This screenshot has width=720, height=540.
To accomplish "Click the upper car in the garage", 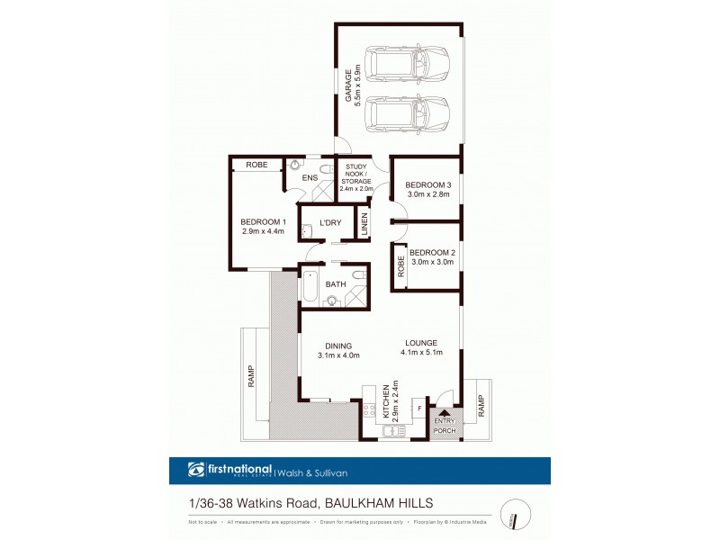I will point(406,65).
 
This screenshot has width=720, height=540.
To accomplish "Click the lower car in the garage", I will point(406,114).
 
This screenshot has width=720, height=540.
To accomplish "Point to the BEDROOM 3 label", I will point(427,185).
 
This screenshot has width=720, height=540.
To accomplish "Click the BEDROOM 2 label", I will point(432,253).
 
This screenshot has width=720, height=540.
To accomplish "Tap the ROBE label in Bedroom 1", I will point(257,165).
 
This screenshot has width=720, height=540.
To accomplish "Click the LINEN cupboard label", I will point(364,224).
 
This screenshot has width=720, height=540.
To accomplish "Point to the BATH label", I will point(336,285).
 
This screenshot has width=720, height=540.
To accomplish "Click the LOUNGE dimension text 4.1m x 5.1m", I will point(420,352).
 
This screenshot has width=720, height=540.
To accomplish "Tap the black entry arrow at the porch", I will point(444,412).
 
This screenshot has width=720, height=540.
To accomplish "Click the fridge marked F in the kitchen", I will point(418,409).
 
